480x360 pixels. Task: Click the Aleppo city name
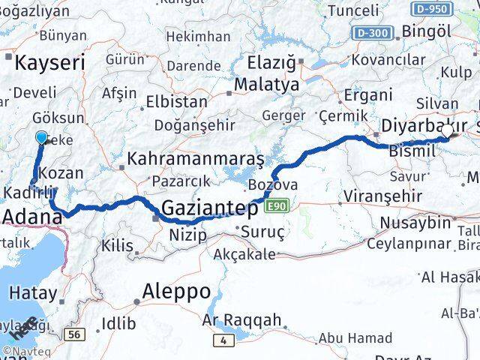coord(176,291)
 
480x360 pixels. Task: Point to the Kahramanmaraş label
coord(196,159)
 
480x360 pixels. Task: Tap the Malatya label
coord(266,85)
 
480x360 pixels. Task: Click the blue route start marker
coord(41,137)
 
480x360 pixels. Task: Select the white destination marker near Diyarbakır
coord(448,130)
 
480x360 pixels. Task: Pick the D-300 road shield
coord(373,33)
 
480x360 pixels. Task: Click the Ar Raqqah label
coord(242,320)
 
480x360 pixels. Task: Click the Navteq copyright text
coord(24,350)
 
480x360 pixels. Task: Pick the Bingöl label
coord(427,31)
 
